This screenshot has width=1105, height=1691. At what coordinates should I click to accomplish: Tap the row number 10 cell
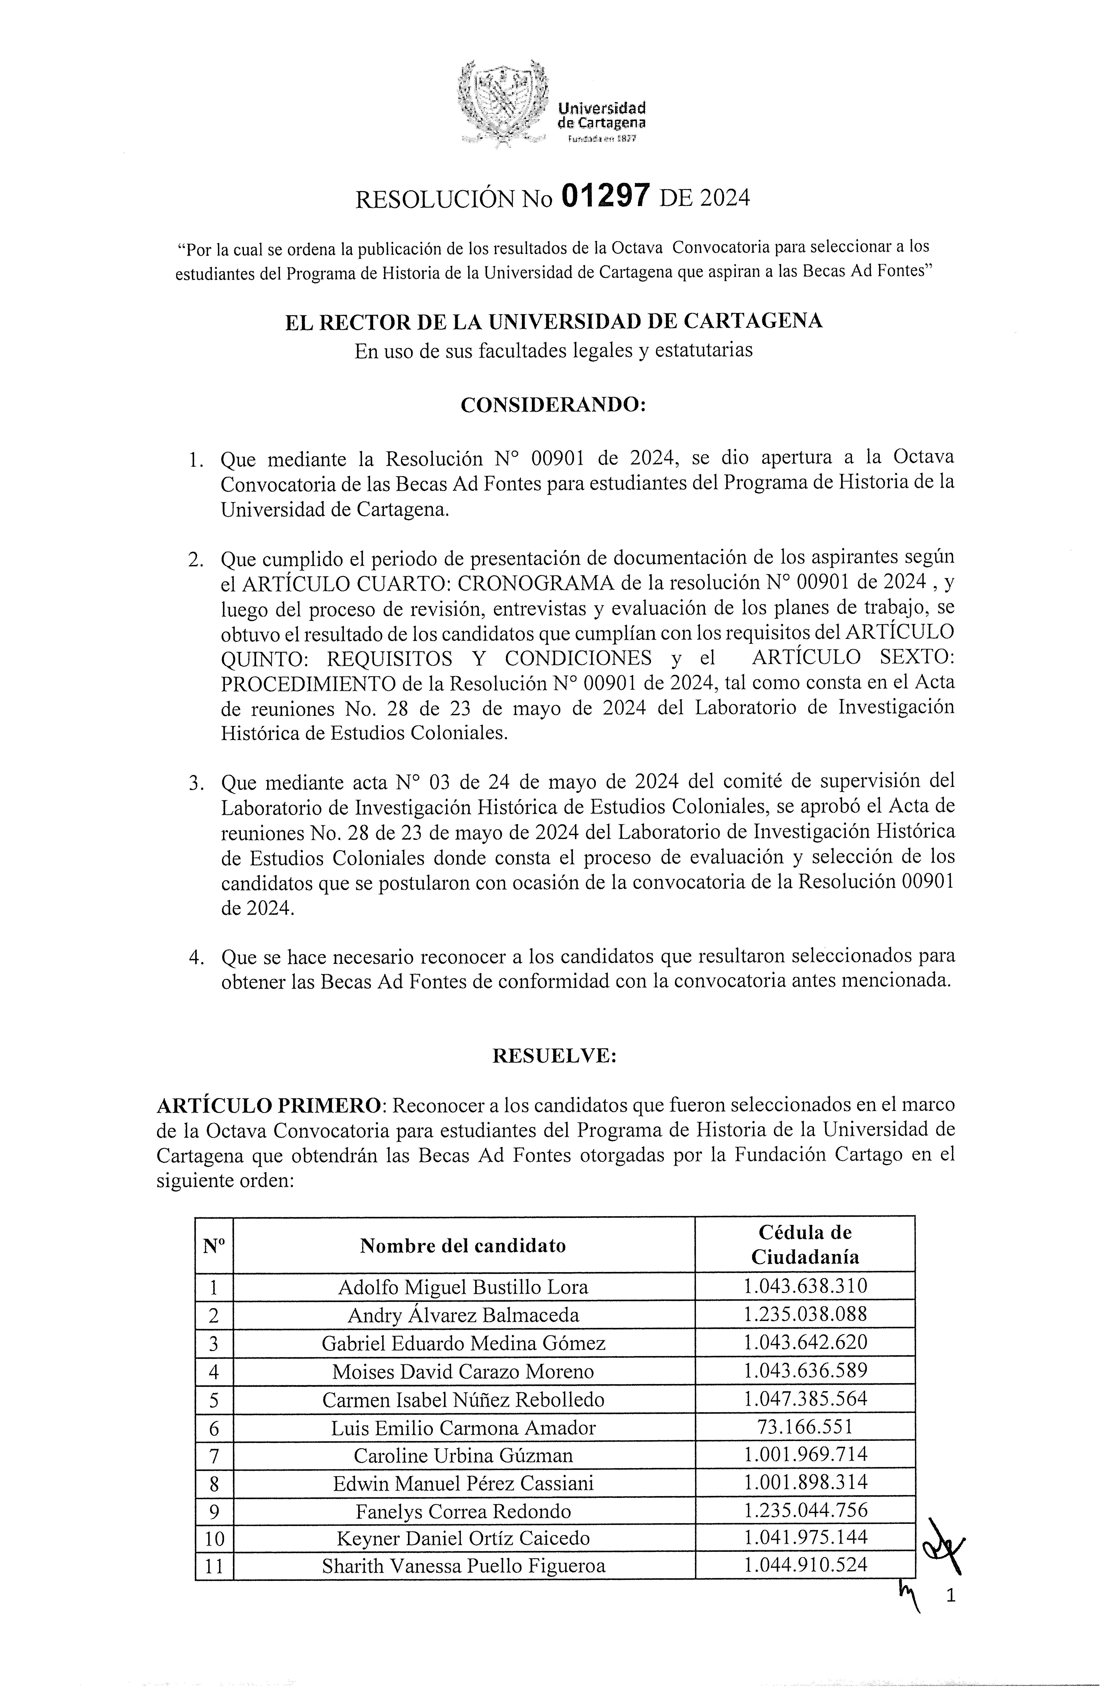[214, 1539]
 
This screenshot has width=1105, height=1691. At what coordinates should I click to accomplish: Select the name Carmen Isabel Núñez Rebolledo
[463, 1399]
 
